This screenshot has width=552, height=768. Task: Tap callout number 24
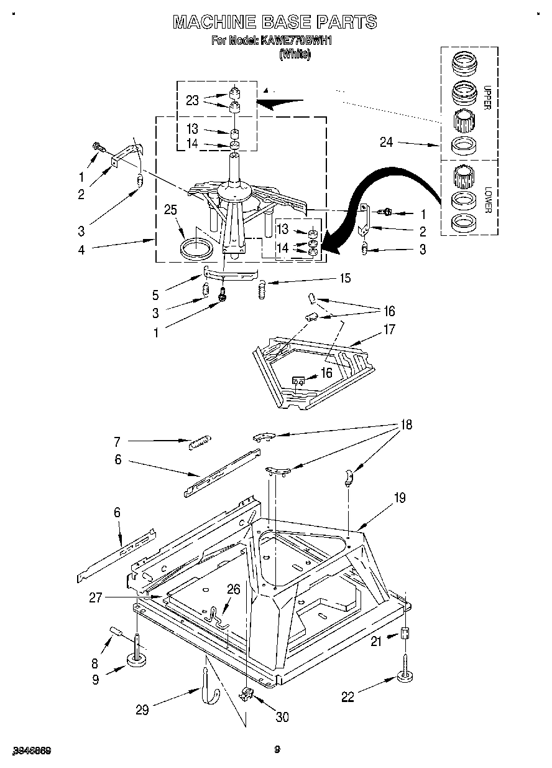(387, 143)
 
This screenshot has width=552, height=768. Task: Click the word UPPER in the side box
(487, 96)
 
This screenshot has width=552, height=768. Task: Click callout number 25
(170, 210)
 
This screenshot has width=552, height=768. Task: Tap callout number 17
(389, 329)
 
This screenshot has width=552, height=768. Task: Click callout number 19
(399, 498)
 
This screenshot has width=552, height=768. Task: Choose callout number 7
(116, 443)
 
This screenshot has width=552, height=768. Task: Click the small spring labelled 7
(199, 442)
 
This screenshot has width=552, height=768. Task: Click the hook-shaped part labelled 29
(205, 685)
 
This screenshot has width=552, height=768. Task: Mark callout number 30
(282, 717)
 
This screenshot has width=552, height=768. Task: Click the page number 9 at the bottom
(277, 750)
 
